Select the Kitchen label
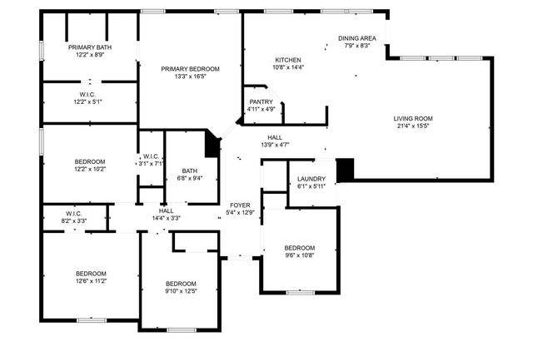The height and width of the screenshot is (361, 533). (287, 60)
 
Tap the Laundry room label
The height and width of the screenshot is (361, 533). (311, 178)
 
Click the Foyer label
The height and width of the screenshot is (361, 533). (241, 205)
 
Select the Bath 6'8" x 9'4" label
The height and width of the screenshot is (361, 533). (190, 171)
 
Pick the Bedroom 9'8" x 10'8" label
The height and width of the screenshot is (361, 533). (299, 248)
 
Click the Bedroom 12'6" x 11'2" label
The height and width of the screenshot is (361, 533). (91, 274)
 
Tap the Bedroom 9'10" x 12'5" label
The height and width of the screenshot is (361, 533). (180, 283)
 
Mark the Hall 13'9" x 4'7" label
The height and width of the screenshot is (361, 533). (274, 137)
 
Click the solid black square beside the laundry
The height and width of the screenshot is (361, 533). (345, 169)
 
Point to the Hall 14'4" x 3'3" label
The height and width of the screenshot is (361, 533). (166, 210)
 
